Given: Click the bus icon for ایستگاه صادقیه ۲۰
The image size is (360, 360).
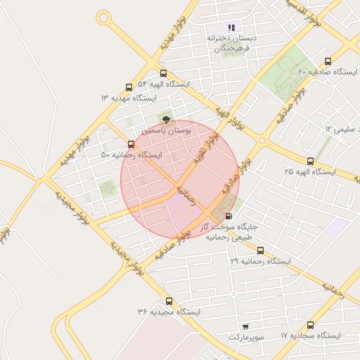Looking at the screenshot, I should tap(328, 62).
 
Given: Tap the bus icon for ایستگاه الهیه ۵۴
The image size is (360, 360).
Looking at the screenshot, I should tap(163, 73).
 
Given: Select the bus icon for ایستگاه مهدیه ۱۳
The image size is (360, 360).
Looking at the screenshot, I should tap(129, 88).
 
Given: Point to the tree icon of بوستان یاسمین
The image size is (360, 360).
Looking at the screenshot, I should tap(167, 120).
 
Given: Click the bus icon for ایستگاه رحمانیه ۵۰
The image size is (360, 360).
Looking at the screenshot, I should tap(131, 145).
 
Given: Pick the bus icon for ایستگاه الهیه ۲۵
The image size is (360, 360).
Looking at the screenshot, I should tap(311, 162).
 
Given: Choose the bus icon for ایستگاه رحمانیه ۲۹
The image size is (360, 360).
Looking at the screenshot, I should tap(260, 250).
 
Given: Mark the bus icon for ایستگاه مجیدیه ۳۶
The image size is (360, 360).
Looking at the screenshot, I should tap(168, 301).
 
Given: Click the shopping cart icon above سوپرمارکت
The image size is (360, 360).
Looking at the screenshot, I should tap(245, 327).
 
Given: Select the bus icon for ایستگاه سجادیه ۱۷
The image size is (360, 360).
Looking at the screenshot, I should tap(311, 326).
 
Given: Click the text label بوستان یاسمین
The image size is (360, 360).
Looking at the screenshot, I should tap(165, 131).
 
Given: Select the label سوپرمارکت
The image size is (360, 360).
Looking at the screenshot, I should tap(245, 338).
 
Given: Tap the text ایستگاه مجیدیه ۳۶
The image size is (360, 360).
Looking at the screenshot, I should tap(169, 311).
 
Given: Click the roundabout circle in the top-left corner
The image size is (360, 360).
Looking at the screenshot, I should tap(104, 17).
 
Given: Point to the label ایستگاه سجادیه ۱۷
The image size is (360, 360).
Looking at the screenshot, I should tap(311, 336).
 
